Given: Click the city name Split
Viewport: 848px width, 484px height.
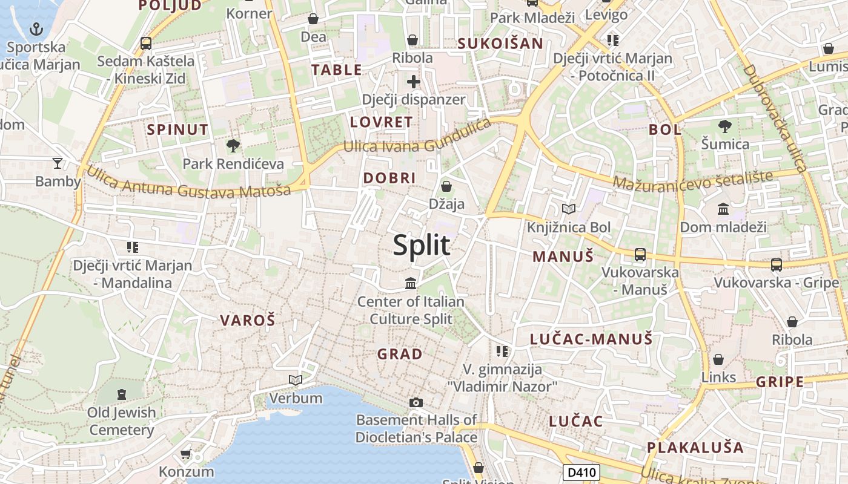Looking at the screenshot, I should (x=422, y=246).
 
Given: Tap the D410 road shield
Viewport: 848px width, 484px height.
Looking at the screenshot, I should (x=581, y=473).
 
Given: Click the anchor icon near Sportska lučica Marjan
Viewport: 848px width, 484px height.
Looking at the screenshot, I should (x=36, y=28).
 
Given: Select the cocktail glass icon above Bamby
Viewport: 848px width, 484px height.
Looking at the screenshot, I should (x=58, y=163).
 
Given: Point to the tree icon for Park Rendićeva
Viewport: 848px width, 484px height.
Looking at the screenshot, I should (x=233, y=145).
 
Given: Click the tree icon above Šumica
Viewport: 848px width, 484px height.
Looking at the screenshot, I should (x=724, y=126).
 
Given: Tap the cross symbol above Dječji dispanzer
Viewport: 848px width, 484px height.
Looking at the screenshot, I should (x=414, y=81).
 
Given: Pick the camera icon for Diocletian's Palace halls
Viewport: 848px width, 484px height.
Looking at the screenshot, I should (x=416, y=402).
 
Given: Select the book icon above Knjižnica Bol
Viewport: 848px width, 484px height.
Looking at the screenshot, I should (x=568, y=209).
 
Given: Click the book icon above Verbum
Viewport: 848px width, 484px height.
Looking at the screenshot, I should (x=296, y=380).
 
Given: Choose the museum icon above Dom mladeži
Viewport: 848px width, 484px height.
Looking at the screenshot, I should (x=723, y=209).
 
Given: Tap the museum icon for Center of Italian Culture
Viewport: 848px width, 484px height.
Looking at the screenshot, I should (x=411, y=283).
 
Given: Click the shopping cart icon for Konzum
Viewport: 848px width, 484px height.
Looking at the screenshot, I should (x=186, y=454).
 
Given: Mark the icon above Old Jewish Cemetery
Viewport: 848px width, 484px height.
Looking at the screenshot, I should (x=122, y=394).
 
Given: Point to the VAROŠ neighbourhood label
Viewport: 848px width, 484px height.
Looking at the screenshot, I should (x=247, y=321).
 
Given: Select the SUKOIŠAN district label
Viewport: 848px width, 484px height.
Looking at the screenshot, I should (x=500, y=44).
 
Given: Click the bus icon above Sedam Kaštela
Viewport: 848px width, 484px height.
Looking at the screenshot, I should (x=145, y=44).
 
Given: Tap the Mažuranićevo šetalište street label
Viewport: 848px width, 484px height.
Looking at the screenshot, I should (x=692, y=180).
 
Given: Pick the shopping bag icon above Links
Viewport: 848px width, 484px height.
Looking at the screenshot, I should (x=718, y=359).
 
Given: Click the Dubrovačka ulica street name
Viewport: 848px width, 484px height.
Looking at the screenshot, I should (x=775, y=119).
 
